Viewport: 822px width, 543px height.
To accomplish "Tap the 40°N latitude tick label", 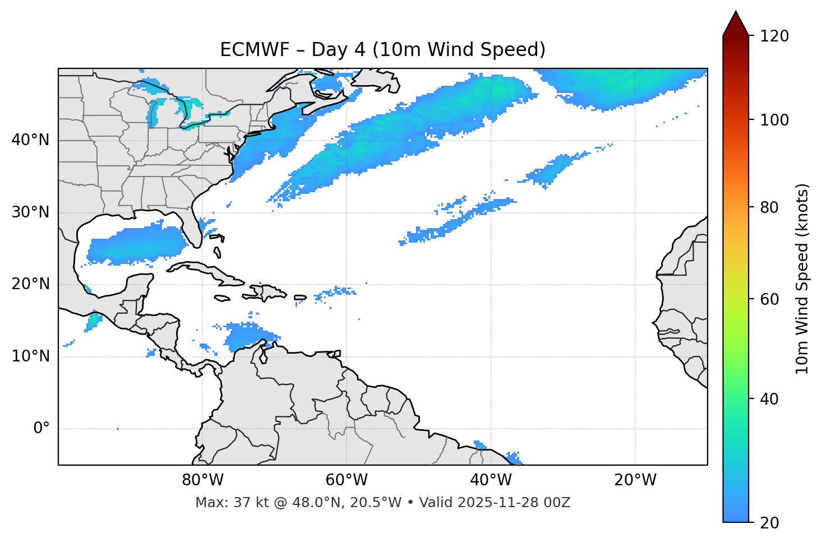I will click(x=30, y=140).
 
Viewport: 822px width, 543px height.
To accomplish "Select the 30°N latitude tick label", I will click(x=30, y=212).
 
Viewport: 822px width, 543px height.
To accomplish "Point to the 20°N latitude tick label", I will click(x=30, y=284).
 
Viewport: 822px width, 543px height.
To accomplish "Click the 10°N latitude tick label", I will click(x=30, y=356).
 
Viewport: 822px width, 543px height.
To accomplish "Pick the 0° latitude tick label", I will click(x=41, y=429).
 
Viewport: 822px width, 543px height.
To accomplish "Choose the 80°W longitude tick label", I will click(x=202, y=480).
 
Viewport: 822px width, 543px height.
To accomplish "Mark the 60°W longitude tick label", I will click(x=347, y=480).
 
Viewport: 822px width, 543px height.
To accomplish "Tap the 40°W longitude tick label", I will click(x=491, y=480).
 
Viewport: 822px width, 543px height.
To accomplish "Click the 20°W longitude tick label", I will click(x=635, y=480).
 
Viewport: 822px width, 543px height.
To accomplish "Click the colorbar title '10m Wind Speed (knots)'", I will click(x=802, y=279).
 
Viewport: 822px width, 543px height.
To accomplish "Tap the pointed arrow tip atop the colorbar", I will click(x=736, y=12).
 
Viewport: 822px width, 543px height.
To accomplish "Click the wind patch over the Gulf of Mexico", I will click(x=137, y=244).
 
